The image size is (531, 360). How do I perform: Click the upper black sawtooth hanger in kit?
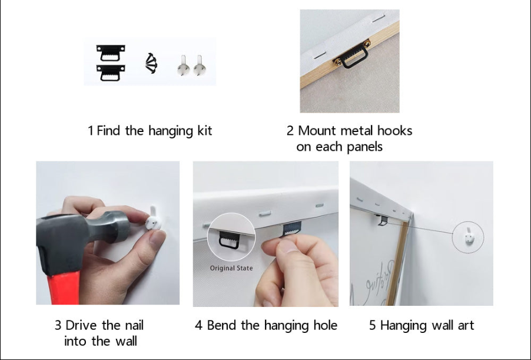pos(111,51)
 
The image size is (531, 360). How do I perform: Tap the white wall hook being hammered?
pos(154,221)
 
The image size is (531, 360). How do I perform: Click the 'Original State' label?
pos(231,268)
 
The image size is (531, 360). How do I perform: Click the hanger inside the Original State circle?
pos(230,240)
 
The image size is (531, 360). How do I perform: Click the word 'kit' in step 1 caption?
pos(203,130)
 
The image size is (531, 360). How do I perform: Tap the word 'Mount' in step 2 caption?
pos(318,130)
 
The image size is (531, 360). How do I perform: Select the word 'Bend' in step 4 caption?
pos(221,325)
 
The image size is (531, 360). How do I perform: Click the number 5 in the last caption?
pos(373,325)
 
